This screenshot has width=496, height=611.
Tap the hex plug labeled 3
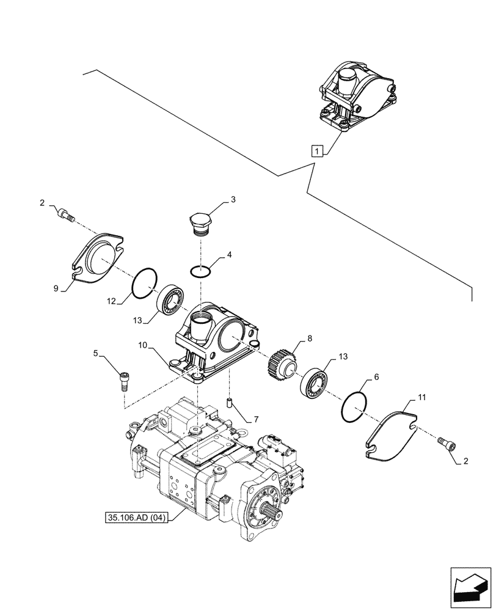[x=200, y=223]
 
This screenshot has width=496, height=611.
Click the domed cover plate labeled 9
[x=98, y=256]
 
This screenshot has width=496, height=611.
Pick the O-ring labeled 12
[x=144, y=284]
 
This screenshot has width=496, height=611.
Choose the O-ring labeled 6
[x=353, y=407]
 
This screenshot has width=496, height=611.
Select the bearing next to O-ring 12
[x=171, y=299]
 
